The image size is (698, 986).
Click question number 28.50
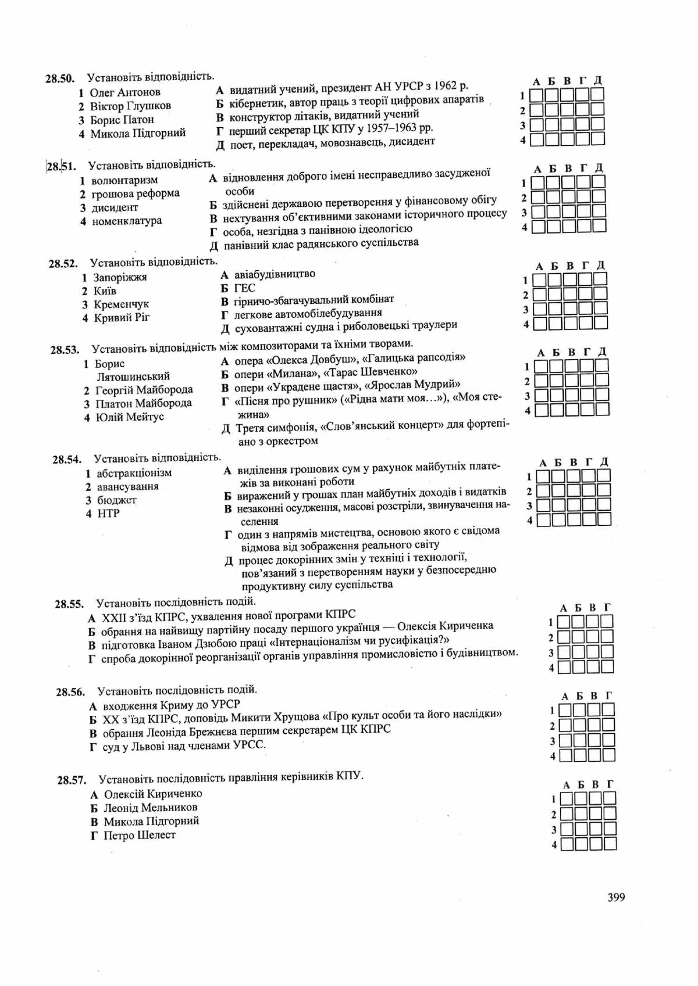60,79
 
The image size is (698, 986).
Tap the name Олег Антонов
125,92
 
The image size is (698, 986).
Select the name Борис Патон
122,120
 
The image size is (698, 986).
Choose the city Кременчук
121,304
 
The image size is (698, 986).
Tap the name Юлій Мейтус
130,417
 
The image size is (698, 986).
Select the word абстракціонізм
134,473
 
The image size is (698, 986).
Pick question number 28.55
69,604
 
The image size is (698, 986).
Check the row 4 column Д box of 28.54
604,520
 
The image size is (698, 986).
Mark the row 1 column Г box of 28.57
609,798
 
